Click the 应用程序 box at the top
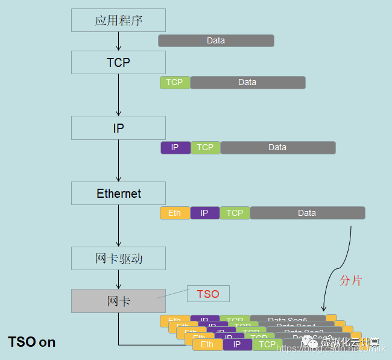tap(118, 20)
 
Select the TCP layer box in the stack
tap(118, 62)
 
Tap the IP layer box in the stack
tap(118, 128)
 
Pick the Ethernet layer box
tap(118, 193)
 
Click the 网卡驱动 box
tap(118, 258)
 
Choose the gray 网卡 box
tap(118, 300)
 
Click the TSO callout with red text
tap(208, 294)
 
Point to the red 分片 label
tap(350, 280)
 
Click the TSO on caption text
tap(31, 342)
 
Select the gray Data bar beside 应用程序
tap(216, 40)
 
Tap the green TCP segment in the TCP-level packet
tap(175, 83)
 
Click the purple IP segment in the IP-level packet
tap(175, 148)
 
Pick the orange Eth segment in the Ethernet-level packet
tap(175, 213)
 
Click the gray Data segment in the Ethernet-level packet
tap(307, 213)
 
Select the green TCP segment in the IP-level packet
tap(205, 148)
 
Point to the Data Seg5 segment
tap(288, 320)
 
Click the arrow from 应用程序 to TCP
tap(118, 41)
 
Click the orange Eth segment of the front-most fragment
tap(207, 345)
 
